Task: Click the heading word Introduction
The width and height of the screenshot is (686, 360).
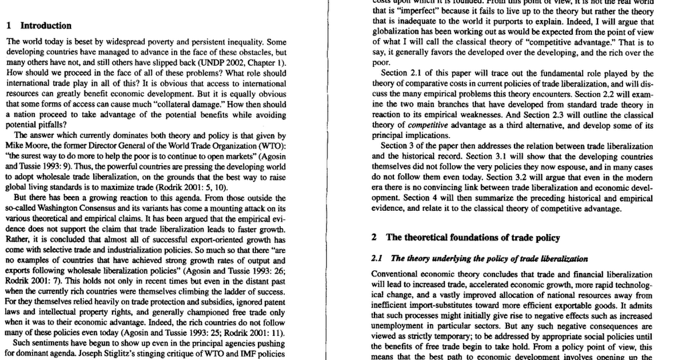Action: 46,26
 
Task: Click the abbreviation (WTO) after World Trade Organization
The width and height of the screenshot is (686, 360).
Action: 272,146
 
